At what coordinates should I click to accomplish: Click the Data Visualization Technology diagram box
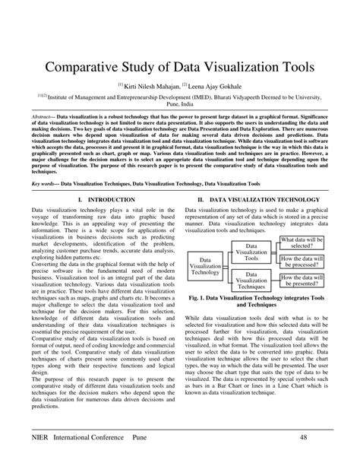205,267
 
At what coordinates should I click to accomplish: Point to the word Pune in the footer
160,438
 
